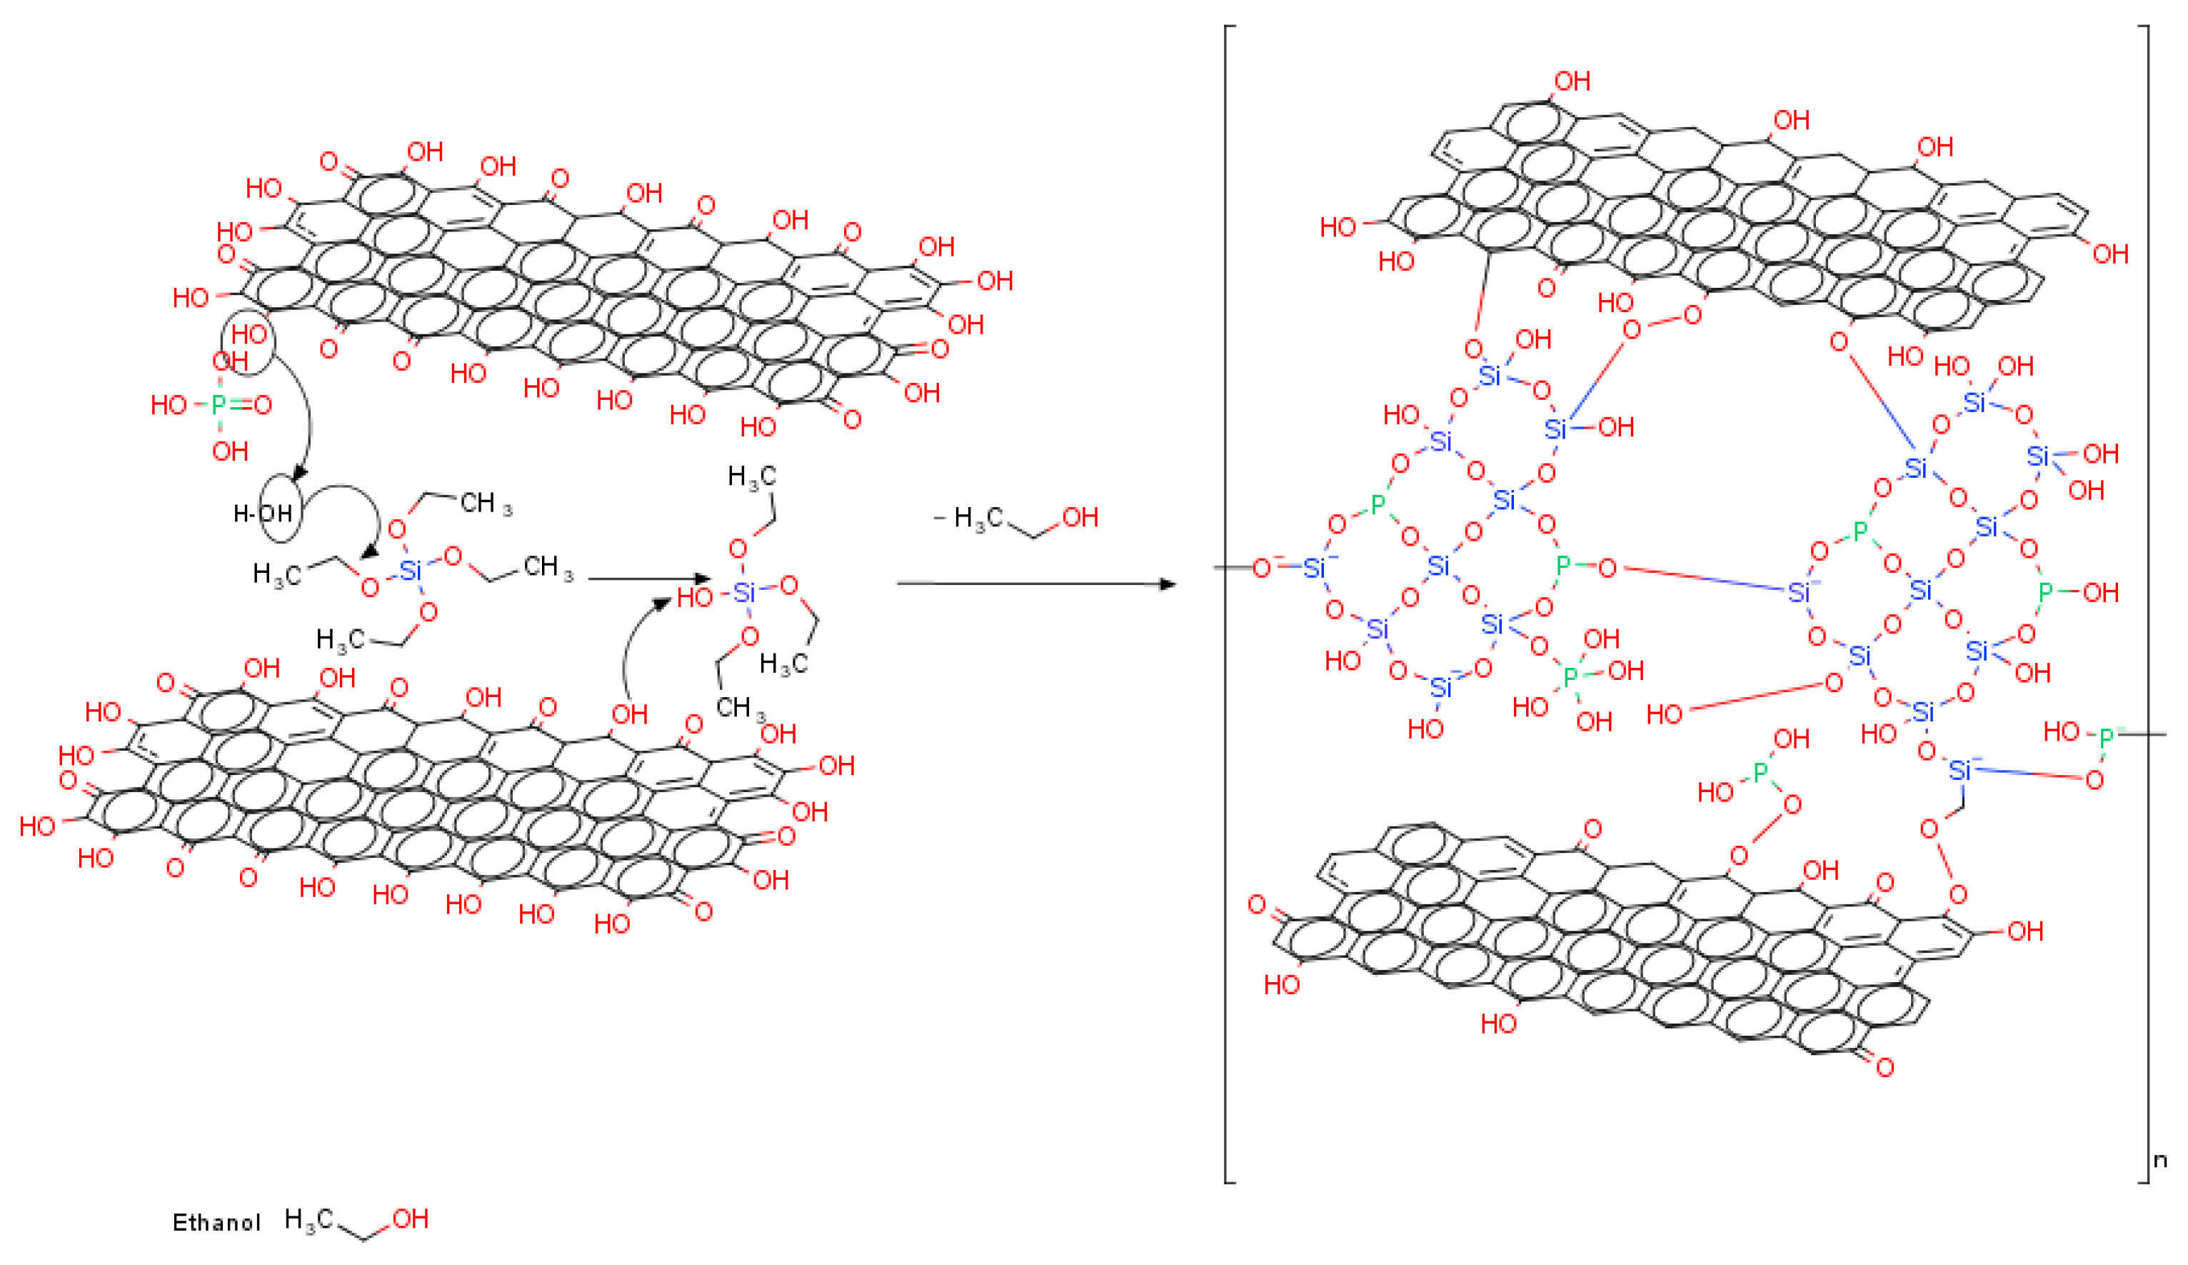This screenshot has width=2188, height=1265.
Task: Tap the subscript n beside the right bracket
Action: [2160, 1160]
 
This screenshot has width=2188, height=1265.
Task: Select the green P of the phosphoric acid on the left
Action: [218, 404]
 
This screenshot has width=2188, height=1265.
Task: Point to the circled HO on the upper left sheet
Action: [249, 334]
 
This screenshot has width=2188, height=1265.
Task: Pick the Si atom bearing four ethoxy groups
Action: [410, 571]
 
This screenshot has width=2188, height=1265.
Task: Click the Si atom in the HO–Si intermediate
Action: [744, 592]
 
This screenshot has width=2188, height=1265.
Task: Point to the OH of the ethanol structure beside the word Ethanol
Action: [410, 1219]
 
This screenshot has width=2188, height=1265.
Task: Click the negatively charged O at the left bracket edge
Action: [1262, 568]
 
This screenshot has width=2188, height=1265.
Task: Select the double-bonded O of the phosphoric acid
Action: [262, 404]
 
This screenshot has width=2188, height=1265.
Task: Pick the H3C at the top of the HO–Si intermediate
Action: [751, 476]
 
